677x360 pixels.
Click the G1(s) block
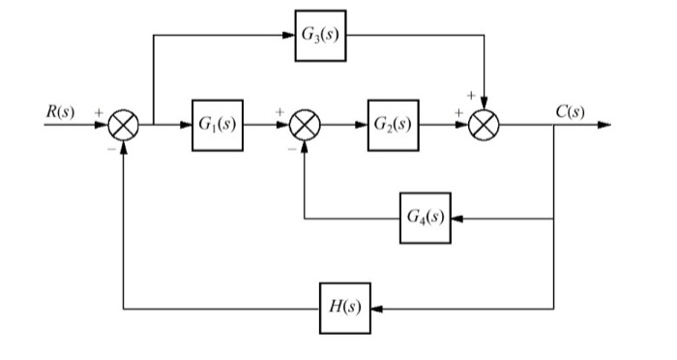pyautogui.click(x=218, y=124)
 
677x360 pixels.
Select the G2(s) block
pyautogui.click(x=393, y=124)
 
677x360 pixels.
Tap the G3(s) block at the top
pyautogui.click(x=320, y=38)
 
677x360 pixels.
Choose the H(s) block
pyautogui.click(x=345, y=309)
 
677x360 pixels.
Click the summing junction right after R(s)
pyautogui.click(x=125, y=125)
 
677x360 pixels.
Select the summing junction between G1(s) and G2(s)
pyautogui.click(x=306, y=125)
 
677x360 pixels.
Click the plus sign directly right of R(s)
pyautogui.click(x=98, y=113)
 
